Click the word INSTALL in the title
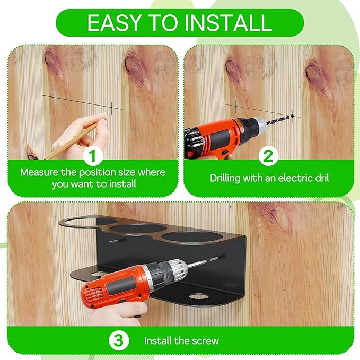click(x=228, y=23)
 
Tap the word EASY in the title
click(x=113, y=23)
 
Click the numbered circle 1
click(x=93, y=156)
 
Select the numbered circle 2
click(x=268, y=156)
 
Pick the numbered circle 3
click(x=118, y=341)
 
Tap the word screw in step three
click(x=206, y=341)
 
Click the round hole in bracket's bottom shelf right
click(x=199, y=296)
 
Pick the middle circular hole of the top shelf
click(x=138, y=229)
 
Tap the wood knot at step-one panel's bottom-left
click(x=32, y=157)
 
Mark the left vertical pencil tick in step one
click(x=55, y=98)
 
